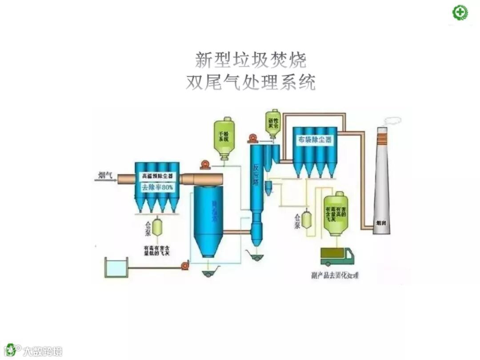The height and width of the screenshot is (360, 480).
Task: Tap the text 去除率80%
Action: point(157,188)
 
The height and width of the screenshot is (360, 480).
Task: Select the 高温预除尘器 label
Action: point(157,176)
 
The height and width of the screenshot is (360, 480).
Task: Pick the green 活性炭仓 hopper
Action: point(273,124)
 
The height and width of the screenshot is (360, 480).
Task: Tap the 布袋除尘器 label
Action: point(315,139)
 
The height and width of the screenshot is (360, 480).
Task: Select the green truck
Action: point(337,256)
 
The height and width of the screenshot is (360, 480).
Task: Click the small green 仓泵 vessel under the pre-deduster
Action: point(157,226)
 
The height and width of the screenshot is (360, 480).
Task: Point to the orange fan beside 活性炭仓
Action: point(253,138)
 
